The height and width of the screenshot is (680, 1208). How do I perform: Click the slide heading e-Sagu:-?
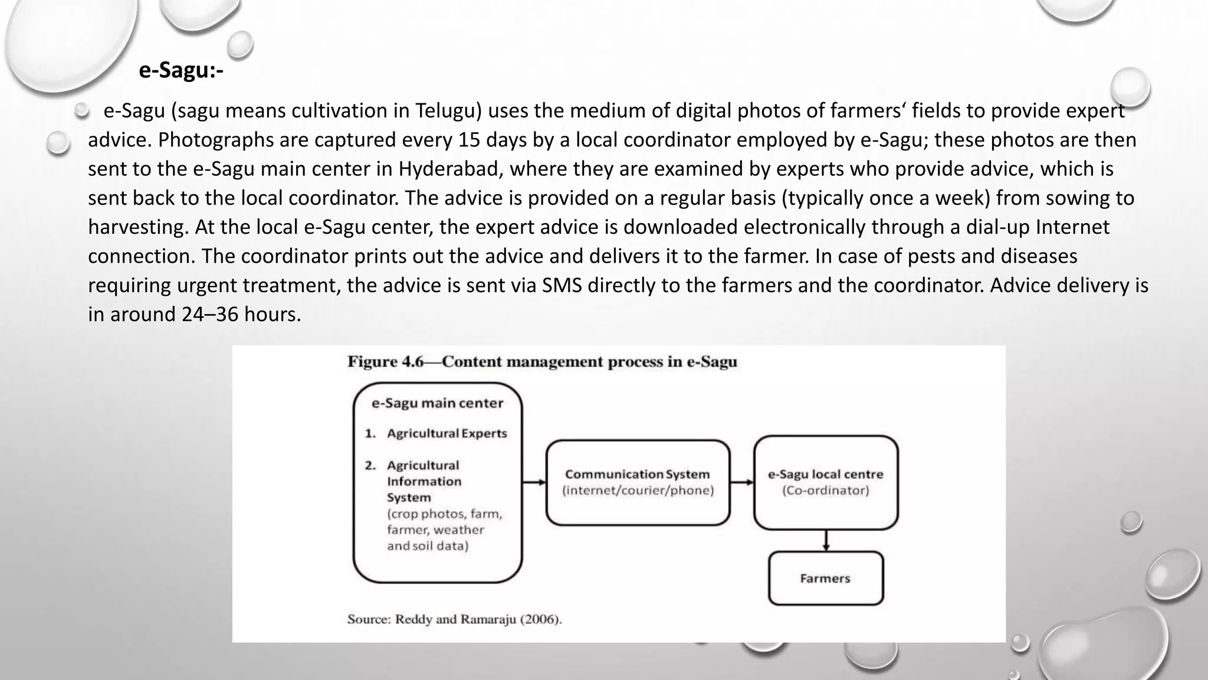[x=180, y=70]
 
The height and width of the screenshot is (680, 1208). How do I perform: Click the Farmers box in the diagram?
[x=825, y=578]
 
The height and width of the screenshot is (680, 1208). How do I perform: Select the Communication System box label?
[x=637, y=474]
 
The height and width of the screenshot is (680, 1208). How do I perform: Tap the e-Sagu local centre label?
[x=825, y=474]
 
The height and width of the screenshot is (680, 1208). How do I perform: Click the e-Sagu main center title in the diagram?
[x=437, y=403]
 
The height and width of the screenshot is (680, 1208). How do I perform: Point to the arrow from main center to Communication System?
[x=534, y=482]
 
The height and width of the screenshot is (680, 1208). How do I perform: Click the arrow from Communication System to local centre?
[x=742, y=482]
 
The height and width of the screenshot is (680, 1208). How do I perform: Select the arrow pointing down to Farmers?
[x=826, y=540]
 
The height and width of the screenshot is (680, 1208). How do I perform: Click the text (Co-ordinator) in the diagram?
[x=825, y=491]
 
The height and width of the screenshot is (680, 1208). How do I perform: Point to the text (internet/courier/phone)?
[x=638, y=491]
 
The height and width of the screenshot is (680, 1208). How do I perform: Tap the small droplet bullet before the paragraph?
[x=81, y=110]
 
